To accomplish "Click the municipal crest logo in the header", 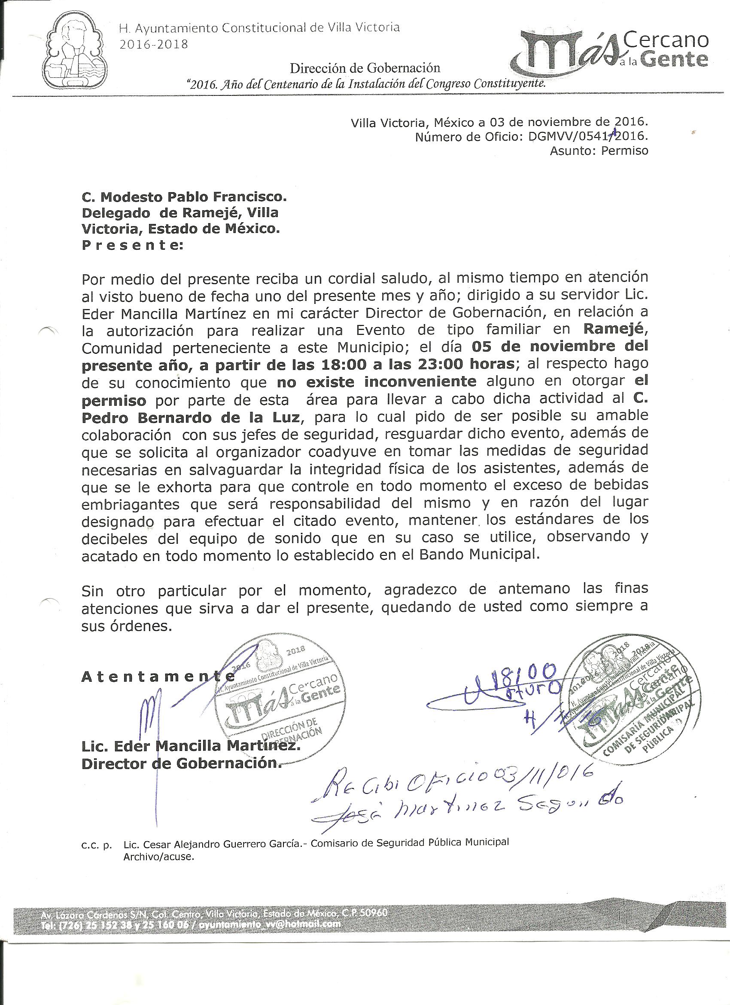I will point(76,49).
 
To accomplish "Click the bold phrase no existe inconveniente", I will point(377,382).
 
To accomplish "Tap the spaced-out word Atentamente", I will point(158,677).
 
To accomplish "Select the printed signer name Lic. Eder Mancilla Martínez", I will point(190,746).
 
